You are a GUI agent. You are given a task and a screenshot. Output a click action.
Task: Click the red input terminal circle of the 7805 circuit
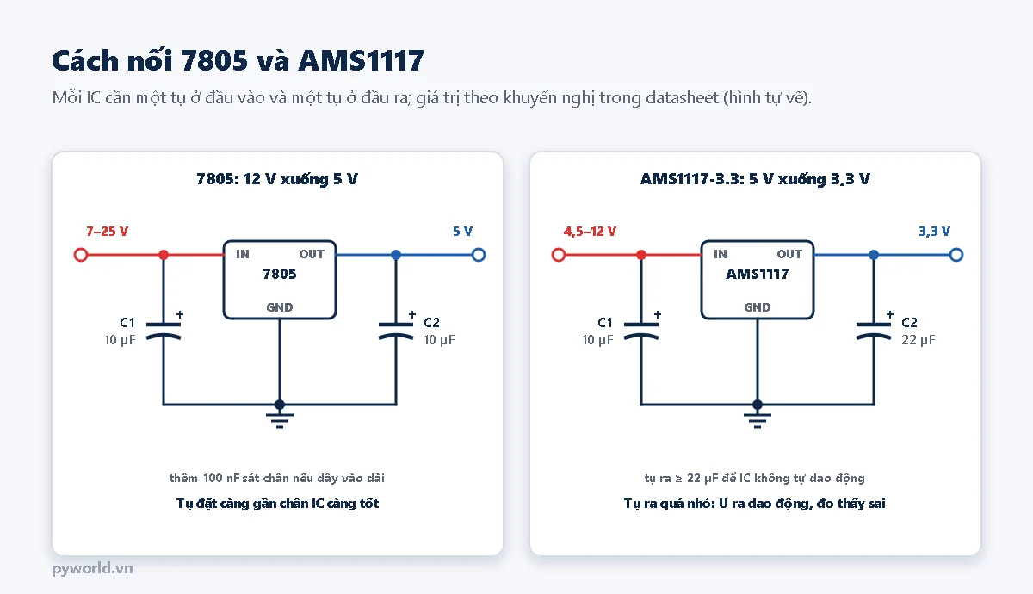pyautogui.click(x=81, y=255)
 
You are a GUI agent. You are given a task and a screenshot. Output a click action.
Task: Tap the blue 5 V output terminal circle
pyautogui.click(x=479, y=255)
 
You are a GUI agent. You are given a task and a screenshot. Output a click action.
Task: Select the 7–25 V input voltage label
pyautogui.click(x=107, y=231)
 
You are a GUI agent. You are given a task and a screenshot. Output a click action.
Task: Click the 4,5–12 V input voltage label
pyautogui.click(x=590, y=231)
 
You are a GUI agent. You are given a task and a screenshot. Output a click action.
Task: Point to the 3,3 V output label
pyautogui.click(x=934, y=231)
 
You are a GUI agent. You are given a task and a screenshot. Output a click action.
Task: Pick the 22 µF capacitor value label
pyautogui.click(x=919, y=340)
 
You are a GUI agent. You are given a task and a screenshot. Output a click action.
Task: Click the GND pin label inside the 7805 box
pyautogui.click(x=280, y=307)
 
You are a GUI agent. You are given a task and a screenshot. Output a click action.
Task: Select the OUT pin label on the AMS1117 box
pyautogui.click(x=789, y=254)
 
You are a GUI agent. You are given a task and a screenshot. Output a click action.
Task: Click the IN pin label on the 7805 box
pyautogui.click(x=243, y=254)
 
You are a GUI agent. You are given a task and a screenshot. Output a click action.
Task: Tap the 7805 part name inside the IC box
pyautogui.click(x=280, y=274)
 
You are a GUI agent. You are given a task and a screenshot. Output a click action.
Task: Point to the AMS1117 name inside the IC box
pyautogui.click(x=758, y=274)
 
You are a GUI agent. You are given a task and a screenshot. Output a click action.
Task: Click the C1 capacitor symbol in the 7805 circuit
pyautogui.click(x=164, y=331)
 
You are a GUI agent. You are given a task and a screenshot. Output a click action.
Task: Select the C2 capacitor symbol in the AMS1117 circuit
pyautogui.click(x=874, y=331)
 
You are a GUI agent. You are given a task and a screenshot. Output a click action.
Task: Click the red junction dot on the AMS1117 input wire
pyautogui.click(x=641, y=255)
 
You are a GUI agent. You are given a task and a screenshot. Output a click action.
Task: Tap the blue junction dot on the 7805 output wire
pyautogui.click(x=396, y=255)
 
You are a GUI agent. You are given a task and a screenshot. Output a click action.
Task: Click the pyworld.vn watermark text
pyautogui.click(x=92, y=568)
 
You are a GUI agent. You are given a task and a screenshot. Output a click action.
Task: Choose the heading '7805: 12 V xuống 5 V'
pyautogui.click(x=277, y=179)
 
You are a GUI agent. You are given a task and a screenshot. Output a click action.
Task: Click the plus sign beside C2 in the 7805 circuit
pyautogui.click(x=412, y=314)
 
